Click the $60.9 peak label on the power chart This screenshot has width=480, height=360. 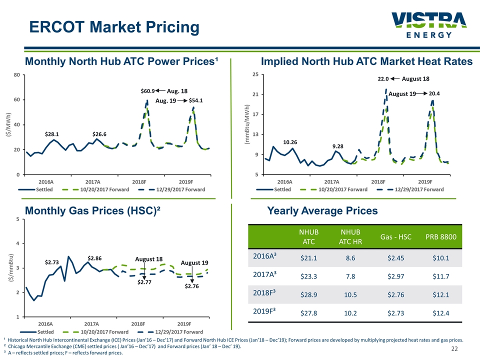coord(147,91)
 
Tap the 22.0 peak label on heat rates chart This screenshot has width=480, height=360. coord(383,78)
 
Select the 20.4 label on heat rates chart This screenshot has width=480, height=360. coord(434,93)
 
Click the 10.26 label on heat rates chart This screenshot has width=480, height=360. coord(290,142)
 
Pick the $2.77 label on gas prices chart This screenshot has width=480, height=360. coord(144,282)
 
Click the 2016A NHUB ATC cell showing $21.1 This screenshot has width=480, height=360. coord(308,258)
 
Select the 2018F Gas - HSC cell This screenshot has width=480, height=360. coord(395,294)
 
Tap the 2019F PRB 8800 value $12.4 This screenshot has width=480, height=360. coord(440,312)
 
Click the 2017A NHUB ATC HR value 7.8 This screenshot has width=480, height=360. coord(351,276)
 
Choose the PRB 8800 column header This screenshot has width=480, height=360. coord(440,236)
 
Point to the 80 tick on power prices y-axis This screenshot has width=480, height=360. coord(17,75)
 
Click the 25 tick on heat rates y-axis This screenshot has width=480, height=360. coord(256,75)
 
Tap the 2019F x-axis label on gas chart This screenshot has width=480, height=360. coord(184,324)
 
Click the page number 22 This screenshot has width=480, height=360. coord(455,348)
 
